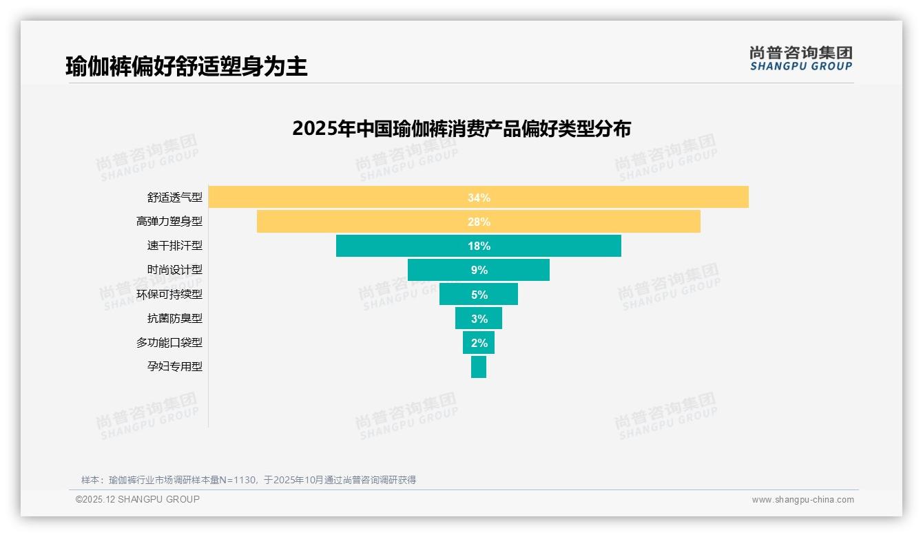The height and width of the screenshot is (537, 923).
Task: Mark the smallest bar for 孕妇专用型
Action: [x=479, y=366]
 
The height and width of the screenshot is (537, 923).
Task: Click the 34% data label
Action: [x=479, y=198]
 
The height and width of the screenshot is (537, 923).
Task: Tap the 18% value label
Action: [x=479, y=246]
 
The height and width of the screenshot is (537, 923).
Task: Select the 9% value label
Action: [x=479, y=270]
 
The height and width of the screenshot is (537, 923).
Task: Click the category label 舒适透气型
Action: [x=175, y=198]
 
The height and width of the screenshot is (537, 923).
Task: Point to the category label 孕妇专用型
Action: [x=175, y=366]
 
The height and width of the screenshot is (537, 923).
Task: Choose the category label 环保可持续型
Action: [x=169, y=294]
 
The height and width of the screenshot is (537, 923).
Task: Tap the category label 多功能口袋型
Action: [x=169, y=342]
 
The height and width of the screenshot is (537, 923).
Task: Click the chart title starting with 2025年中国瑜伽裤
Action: [x=461, y=129]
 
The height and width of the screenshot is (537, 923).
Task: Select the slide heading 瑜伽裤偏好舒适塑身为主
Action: [x=186, y=66]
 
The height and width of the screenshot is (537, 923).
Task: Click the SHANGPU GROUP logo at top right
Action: [x=800, y=59]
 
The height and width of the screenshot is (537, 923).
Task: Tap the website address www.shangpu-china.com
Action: [x=802, y=500]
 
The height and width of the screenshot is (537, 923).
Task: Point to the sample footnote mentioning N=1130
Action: [x=249, y=480]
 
